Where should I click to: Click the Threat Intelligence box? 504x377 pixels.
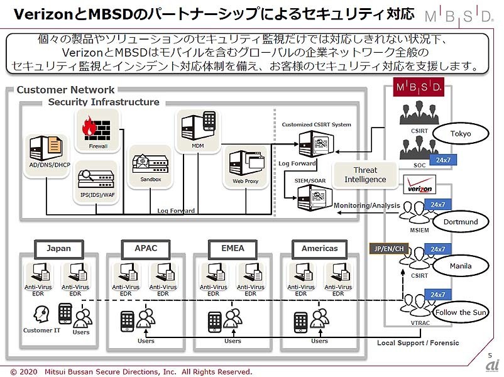(365, 175)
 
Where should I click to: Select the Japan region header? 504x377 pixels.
(58, 248)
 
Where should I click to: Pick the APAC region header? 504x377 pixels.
(146, 248)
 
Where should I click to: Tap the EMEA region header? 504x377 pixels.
(233, 248)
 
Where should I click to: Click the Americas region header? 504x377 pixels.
(319, 248)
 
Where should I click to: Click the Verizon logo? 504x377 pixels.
(420, 187)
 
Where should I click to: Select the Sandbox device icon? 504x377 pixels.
(149, 165)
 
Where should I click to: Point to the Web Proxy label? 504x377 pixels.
(245, 182)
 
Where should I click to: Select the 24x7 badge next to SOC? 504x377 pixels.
(442, 160)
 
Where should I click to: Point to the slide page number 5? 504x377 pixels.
(490, 356)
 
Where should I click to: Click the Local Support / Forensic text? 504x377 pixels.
(418, 343)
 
